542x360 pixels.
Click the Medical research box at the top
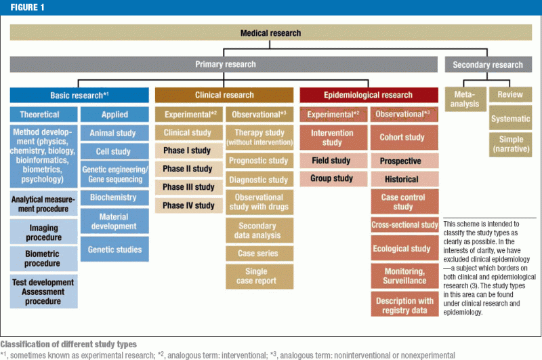(x=270, y=33)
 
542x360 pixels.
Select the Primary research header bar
(x=225, y=64)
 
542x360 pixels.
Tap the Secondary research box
(x=488, y=64)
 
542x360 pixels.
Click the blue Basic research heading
(x=79, y=95)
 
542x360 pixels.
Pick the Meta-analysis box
(x=464, y=100)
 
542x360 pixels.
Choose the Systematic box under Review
(x=510, y=119)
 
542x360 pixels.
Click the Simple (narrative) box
(x=510, y=143)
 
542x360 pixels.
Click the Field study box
(x=332, y=161)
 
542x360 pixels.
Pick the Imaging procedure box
(x=43, y=232)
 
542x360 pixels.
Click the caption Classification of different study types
(x=68, y=344)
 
